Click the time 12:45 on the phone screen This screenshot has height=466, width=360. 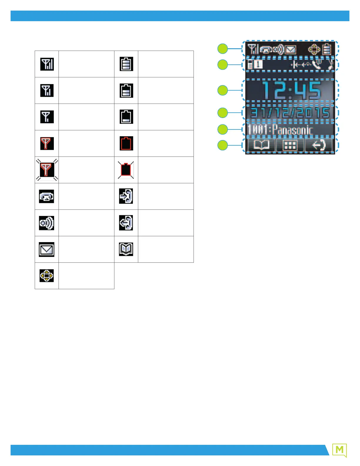point(291,90)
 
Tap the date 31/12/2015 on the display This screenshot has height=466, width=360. point(290,113)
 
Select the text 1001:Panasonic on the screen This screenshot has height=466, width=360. point(280,129)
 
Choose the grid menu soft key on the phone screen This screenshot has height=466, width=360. point(290,145)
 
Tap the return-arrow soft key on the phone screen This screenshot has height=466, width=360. point(319,145)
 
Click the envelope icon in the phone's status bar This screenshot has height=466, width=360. point(291,49)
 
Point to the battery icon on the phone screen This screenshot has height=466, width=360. point(327,49)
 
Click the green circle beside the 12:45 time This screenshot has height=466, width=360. point(223,90)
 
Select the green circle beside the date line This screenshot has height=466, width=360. point(223,113)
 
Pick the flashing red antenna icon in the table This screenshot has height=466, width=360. point(47,170)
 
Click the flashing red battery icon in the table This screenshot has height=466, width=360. point(126,170)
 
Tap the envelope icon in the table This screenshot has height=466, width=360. point(47,249)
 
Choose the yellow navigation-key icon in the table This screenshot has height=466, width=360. point(47,276)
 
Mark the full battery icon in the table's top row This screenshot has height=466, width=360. point(126,64)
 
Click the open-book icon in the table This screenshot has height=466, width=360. point(126,249)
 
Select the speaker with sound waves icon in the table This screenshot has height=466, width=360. point(47,223)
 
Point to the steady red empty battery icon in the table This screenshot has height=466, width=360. point(126,143)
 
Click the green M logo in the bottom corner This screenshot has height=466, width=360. point(339,450)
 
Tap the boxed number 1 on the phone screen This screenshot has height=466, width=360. point(258,64)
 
